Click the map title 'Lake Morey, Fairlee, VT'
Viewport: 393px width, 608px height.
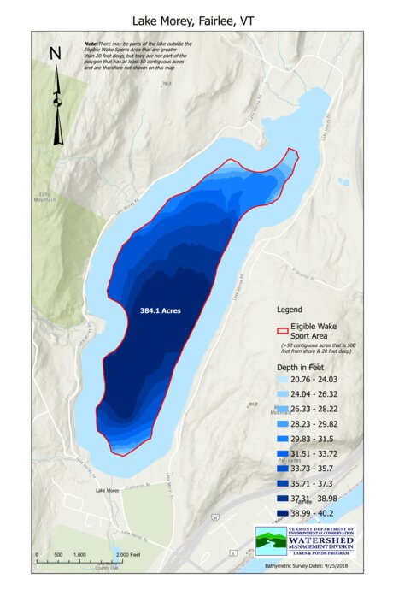196,19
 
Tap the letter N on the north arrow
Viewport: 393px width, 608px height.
56,54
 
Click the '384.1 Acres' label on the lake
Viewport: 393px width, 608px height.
161,311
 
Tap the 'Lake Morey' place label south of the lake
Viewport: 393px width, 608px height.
108,490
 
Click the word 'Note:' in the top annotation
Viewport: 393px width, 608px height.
90,43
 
